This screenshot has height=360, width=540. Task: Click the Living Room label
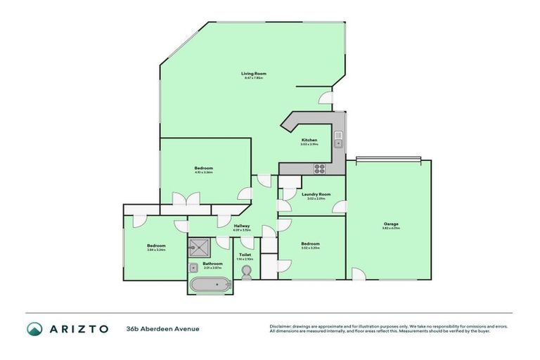(x=254, y=73)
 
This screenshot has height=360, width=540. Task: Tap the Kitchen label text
(x=310, y=140)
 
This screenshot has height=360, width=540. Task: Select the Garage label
(x=390, y=223)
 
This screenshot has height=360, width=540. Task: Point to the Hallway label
(x=241, y=226)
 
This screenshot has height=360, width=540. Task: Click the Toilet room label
(x=245, y=255)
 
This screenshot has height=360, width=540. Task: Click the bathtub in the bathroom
(x=209, y=285)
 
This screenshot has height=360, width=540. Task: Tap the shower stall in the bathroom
(x=200, y=247)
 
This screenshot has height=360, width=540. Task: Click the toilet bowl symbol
(x=245, y=272)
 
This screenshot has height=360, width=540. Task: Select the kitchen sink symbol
(x=338, y=139)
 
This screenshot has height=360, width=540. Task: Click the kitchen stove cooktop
(x=319, y=168)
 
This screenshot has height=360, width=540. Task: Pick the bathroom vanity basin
(x=193, y=268)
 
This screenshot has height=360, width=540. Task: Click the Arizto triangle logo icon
(x=34, y=329)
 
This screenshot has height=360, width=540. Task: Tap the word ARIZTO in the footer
(x=78, y=329)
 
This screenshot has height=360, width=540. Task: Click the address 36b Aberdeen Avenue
(x=163, y=329)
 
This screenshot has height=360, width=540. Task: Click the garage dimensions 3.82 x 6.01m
(x=390, y=228)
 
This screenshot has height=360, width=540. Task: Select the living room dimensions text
(x=254, y=78)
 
